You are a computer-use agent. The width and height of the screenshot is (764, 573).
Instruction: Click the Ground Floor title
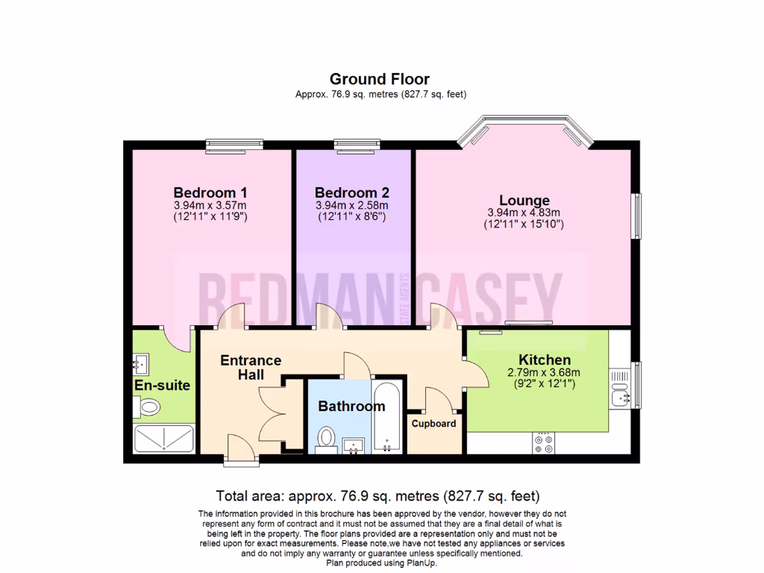pyautogui.click(x=380, y=78)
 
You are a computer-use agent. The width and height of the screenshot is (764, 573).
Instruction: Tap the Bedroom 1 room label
pyautogui.click(x=210, y=191)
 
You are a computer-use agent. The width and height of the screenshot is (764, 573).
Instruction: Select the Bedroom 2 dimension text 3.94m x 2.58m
pyautogui.click(x=351, y=205)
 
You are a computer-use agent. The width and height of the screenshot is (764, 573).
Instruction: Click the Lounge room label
pyautogui.click(x=524, y=200)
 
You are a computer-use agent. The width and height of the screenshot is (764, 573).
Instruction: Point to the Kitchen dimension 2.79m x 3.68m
pyautogui.click(x=543, y=373)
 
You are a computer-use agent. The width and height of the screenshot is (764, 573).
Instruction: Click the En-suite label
pyautogui.click(x=162, y=386)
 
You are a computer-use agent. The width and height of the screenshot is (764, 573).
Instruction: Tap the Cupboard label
pyautogui.click(x=433, y=423)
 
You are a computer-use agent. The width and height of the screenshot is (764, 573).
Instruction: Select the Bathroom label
pyautogui.click(x=351, y=407)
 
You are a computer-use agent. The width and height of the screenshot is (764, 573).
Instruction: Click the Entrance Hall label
pyautogui.click(x=251, y=367)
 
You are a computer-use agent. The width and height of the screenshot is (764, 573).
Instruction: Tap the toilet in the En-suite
pyautogui.click(x=147, y=407)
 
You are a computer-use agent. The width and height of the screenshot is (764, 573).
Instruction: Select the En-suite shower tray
pyautogui.click(x=164, y=440)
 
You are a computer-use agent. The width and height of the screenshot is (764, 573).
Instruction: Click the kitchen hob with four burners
pyautogui.click(x=544, y=445)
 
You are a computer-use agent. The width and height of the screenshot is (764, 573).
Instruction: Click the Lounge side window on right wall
pyautogui.click(x=636, y=216)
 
